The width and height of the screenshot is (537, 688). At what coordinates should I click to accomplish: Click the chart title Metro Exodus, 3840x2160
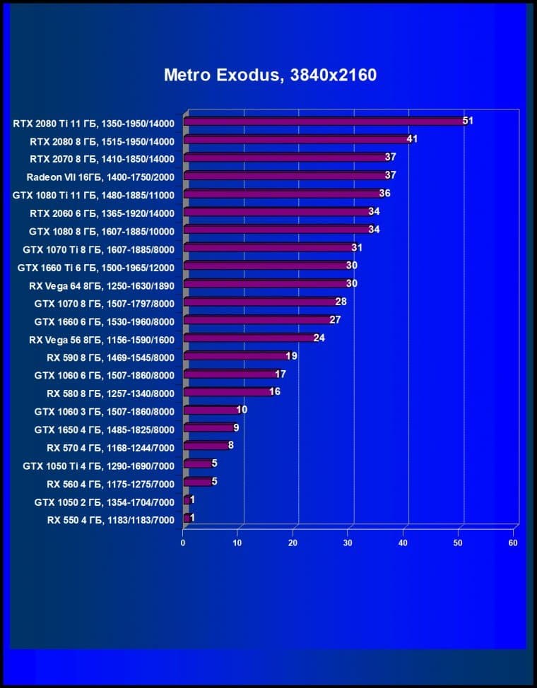(x=270, y=75)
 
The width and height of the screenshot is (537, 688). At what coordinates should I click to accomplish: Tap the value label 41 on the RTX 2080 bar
(x=412, y=139)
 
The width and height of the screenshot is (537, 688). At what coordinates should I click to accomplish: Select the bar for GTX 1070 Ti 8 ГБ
(x=268, y=248)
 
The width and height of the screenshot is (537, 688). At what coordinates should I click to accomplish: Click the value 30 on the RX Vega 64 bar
(x=351, y=284)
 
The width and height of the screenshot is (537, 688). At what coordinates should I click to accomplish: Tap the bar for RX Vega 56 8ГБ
(x=248, y=338)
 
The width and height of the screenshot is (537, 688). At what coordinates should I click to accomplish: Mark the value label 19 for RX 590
(x=291, y=356)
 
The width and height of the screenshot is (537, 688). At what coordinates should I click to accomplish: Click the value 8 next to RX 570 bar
(x=230, y=446)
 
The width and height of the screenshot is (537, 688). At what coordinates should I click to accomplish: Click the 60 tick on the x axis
(x=514, y=543)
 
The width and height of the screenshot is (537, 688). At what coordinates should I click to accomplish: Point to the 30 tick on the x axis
(x=348, y=543)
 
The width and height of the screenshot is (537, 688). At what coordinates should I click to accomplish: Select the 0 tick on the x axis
(x=183, y=543)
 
